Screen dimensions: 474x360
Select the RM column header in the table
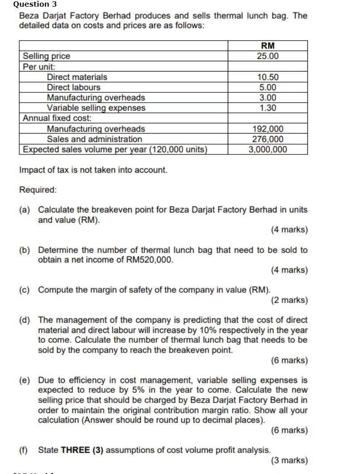[268, 46]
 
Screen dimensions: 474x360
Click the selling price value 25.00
[268, 56]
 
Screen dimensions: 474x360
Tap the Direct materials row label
[77, 77]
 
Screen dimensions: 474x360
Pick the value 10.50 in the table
[268, 77]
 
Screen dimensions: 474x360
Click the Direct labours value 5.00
[268, 87]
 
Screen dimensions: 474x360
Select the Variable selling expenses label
[96, 108]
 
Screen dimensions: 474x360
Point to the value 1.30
[268, 108]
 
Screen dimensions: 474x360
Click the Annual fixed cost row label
[57, 118]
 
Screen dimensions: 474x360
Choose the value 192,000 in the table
[268, 129]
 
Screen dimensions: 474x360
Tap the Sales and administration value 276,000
[268, 139]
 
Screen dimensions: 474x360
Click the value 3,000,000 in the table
[268, 150]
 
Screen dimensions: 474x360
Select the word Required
[38, 190]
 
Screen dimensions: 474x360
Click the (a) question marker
[25, 210]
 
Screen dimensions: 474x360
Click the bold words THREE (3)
[82, 450]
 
